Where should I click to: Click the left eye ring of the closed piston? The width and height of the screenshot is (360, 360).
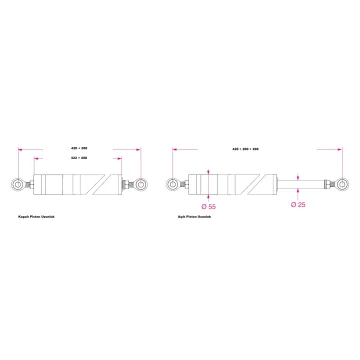click(x=18, y=185)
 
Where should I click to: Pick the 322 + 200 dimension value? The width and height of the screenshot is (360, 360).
click(x=79, y=155)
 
